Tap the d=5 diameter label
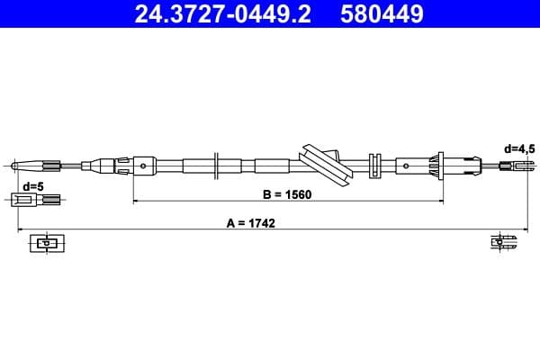pyautogui.click(x=32, y=186)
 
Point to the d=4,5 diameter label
pyautogui.click(x=518, y=149)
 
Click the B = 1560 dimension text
pyautogui.click(x=287, y=194)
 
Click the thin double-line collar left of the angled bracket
pyautogui.click(x=217, y=166)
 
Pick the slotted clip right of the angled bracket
pyautogui.click(x=376, y=166)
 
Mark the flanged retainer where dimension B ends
pyautogui.click(x=440, y=166)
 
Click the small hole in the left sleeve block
pyautogui.click(x=144, y=166)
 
